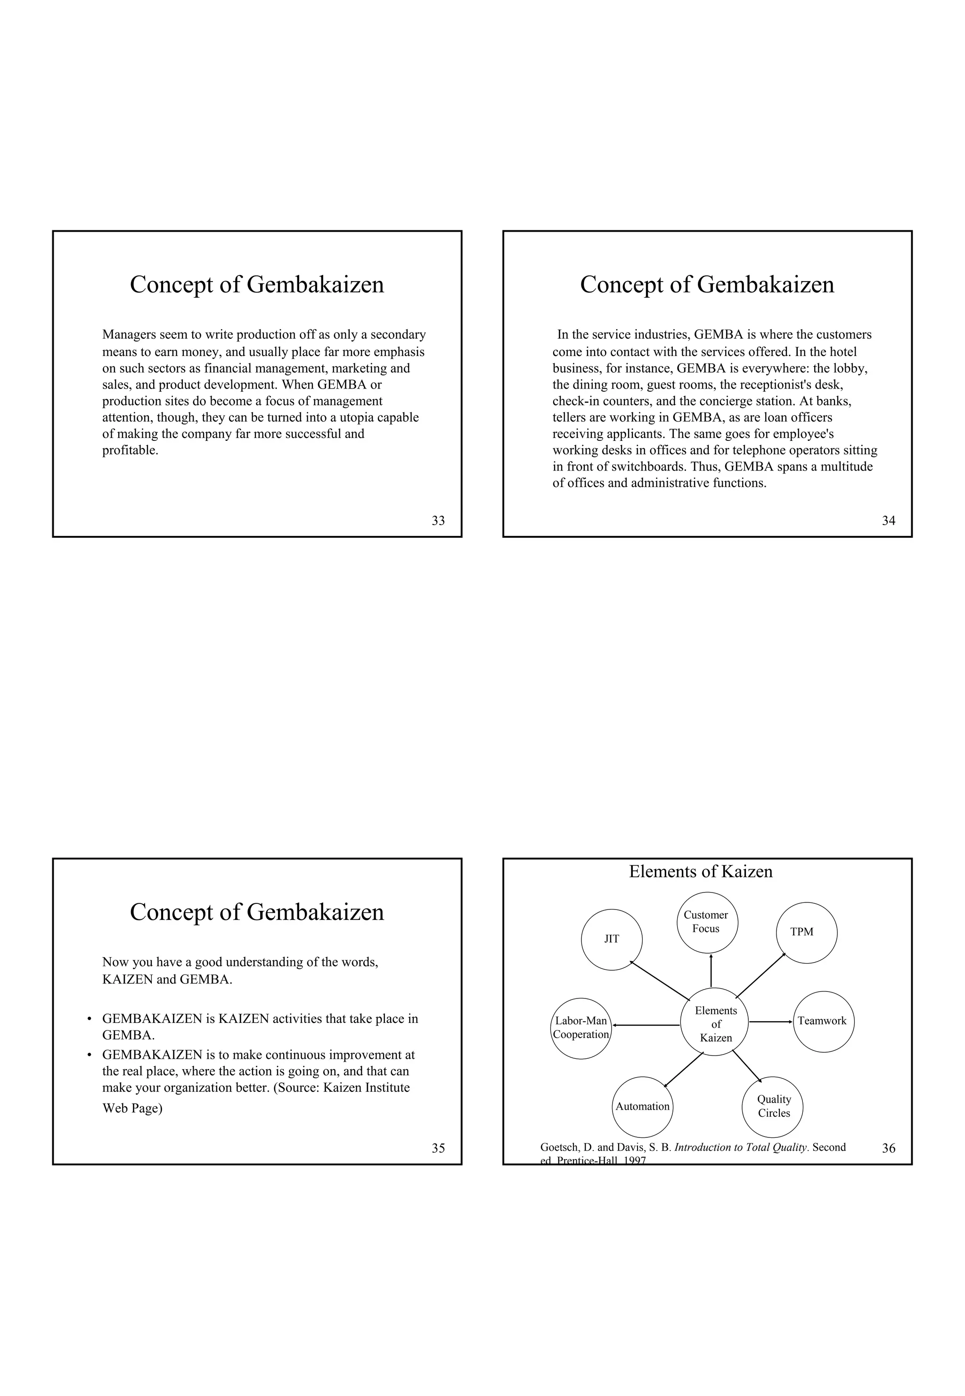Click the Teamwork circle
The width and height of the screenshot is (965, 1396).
[x=823, y=1021]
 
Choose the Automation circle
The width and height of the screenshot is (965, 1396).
[x=642, y=1106]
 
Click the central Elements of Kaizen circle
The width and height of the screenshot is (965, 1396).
[x=715, y=1024]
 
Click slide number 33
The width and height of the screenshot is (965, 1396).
[x=438, y=521]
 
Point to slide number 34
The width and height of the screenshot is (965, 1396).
[x=888, y=521]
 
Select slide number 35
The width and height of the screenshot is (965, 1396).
[x=438, y=1148]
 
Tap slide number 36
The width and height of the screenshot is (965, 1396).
[x=888, y=1148]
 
